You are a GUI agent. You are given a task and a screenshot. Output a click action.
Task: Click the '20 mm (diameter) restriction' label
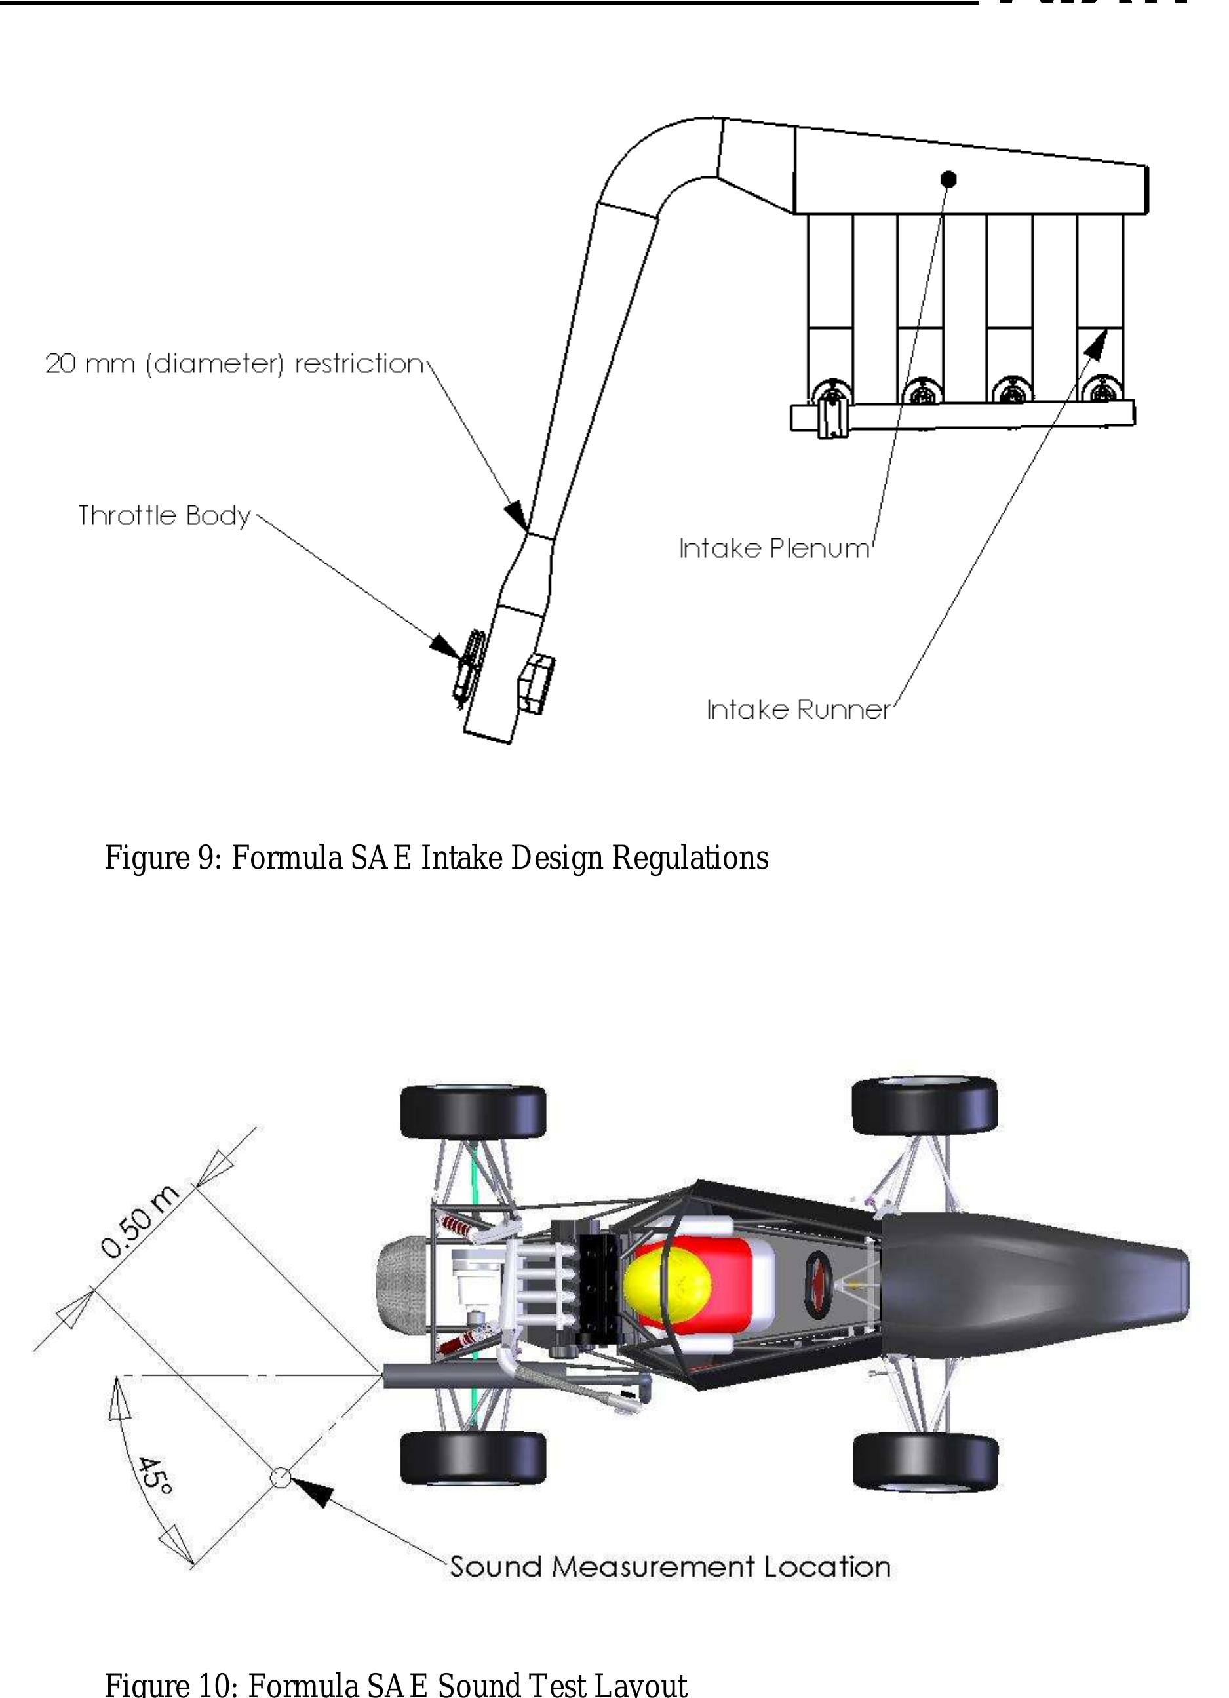click(x=234, y=364)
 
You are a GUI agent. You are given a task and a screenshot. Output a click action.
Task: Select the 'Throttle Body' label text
click(x=165, y=516)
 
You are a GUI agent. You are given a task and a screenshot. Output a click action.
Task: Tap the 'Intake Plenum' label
click(x=775, y=549)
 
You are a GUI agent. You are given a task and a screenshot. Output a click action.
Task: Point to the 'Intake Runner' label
click(x=798, y=709)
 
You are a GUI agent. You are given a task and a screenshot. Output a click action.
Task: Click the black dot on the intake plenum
click(x=948, y=179)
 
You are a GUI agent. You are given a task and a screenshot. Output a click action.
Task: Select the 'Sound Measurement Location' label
click(x=670, y=1567)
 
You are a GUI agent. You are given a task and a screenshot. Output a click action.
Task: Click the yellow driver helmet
click(x=668, y=1287)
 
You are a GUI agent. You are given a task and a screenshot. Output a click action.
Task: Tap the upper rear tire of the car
click(x=473, y=1112)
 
